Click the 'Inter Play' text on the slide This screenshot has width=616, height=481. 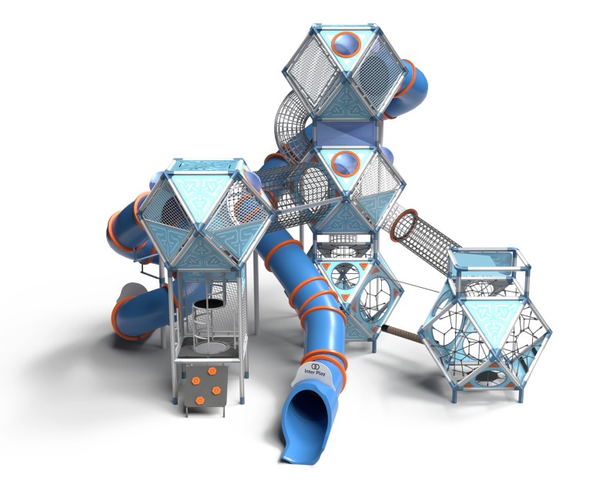click(315, 372)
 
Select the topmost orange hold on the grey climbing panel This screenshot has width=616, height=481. click(213, 371)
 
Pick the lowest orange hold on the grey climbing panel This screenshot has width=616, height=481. click(200, 400)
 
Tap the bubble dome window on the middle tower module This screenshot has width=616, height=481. click(346, 164)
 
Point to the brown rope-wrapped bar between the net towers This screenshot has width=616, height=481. click(402, 334)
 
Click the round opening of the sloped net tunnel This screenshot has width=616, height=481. click(404, 225)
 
